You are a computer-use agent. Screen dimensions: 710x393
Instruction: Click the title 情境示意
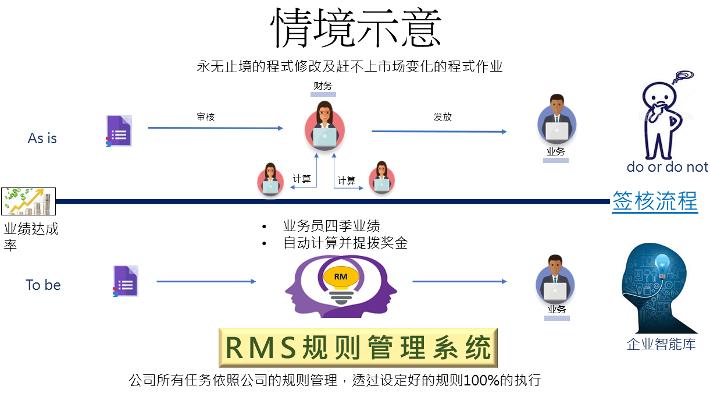coord(355,28)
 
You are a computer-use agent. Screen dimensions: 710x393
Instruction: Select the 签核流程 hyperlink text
coord(655,201)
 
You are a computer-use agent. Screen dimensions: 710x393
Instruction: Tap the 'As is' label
coord(42,139)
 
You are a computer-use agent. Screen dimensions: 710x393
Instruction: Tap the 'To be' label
coord(43,285)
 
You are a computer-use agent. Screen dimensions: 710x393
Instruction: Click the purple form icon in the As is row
coord(119,131)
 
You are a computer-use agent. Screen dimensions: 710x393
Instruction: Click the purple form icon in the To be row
coord(126,281)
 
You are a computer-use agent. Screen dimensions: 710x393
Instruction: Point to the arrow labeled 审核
coord(215,128)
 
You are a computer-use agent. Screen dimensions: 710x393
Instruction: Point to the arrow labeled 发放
coord(439,132)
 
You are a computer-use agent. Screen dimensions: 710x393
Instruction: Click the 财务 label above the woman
coord(323,86)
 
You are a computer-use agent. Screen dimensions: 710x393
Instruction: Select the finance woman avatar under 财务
coord(324,126)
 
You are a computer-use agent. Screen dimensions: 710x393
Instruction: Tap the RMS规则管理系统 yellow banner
coord(358,348)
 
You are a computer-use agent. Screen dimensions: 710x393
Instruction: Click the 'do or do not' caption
coord(668,167)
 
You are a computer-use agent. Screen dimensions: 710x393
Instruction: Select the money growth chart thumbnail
coord(28,201)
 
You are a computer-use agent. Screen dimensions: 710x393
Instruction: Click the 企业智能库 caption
coord(661,344)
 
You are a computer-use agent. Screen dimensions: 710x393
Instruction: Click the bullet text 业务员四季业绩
coord(331,226)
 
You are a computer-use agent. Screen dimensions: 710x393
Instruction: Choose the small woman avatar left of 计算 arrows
coord(270,179)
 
